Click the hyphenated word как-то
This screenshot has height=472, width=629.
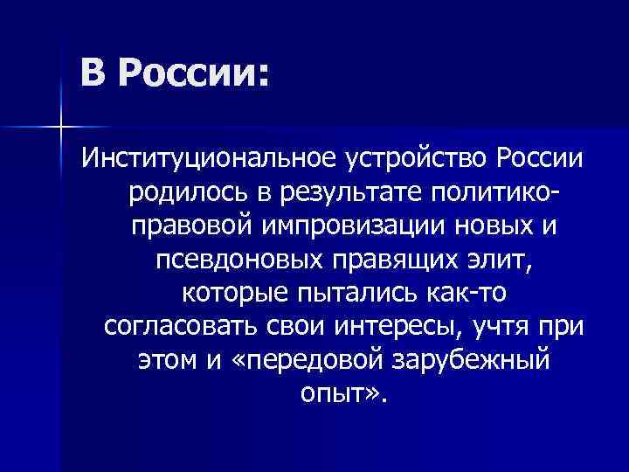472,292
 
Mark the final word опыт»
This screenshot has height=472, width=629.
340,392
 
